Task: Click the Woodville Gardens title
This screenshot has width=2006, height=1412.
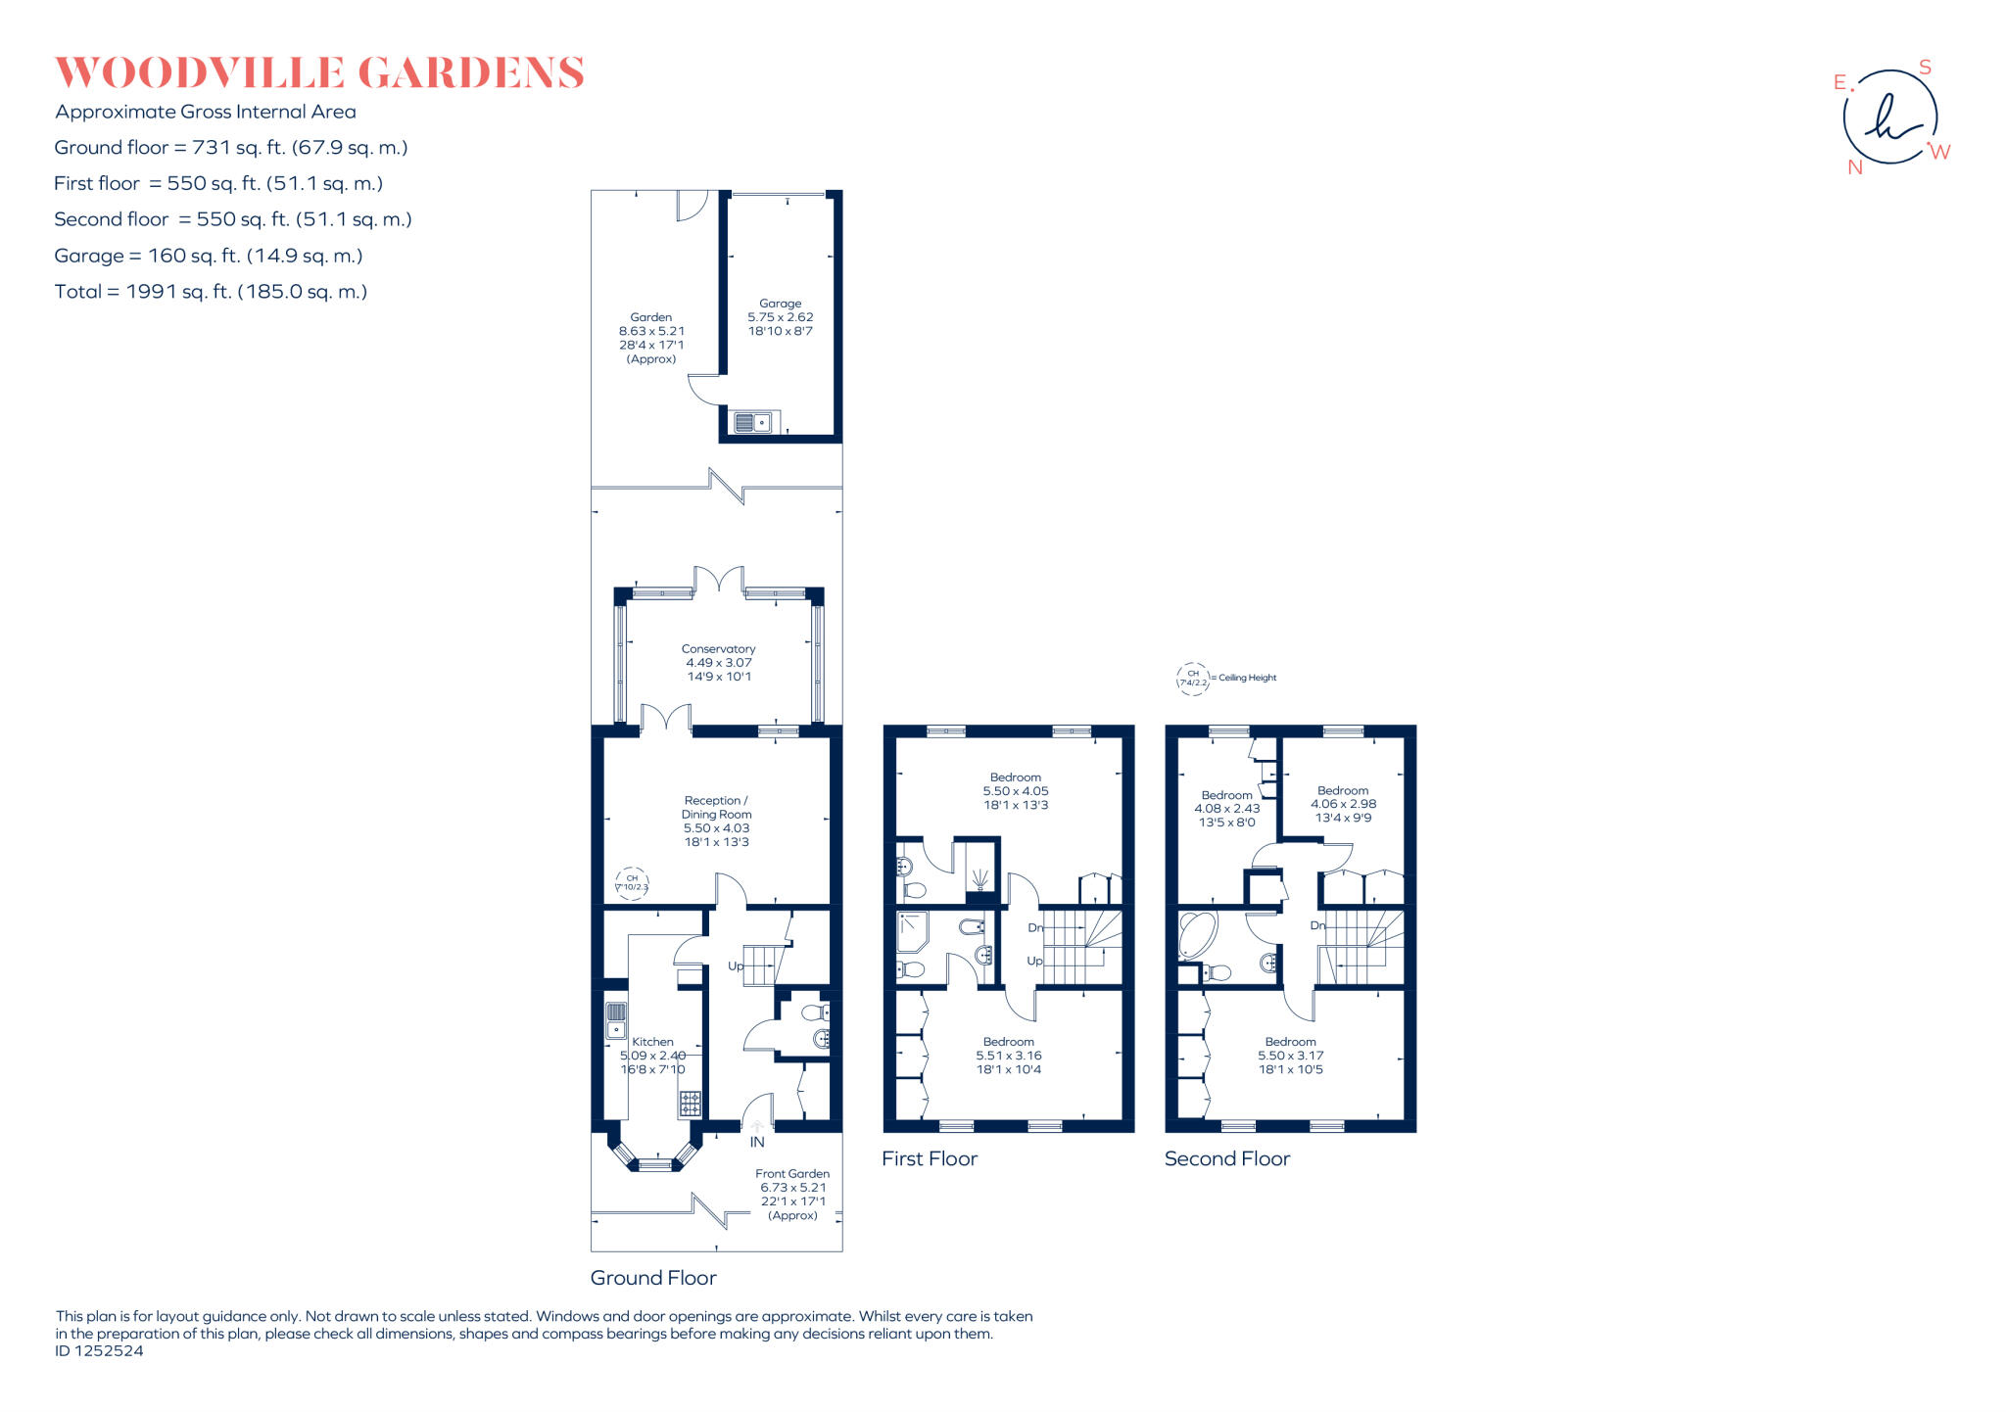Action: coord(319,73)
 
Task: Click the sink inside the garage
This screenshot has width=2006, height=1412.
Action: coord(752,423)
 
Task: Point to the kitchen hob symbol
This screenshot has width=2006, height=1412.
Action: coord(690,1104)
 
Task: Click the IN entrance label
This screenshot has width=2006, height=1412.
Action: coord(757,1142)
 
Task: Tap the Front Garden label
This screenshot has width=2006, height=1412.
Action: coord(792,1174)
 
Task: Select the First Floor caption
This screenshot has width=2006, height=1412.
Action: coord(929,1159)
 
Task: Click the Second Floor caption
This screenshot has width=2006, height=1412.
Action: coord(1226,1159)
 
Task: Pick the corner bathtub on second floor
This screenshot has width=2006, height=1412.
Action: coord(1196,935)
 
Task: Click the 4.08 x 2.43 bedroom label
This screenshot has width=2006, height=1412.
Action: coord(1226,809)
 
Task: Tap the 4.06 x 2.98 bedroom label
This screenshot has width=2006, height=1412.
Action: coord(1343,804)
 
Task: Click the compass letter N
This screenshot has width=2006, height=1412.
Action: coord(1854,167)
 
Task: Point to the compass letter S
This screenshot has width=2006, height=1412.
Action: coord(1925,68)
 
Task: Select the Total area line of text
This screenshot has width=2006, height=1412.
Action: coord(211,292)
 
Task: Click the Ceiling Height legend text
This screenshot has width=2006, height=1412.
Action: coord(1247,678)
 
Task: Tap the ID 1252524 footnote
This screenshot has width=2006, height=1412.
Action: coord(99,1351)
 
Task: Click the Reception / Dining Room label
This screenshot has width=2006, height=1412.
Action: coord(716,821)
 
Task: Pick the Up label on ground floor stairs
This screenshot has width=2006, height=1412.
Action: coord(736,965)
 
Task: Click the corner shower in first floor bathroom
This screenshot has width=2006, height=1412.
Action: coord(912,931)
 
